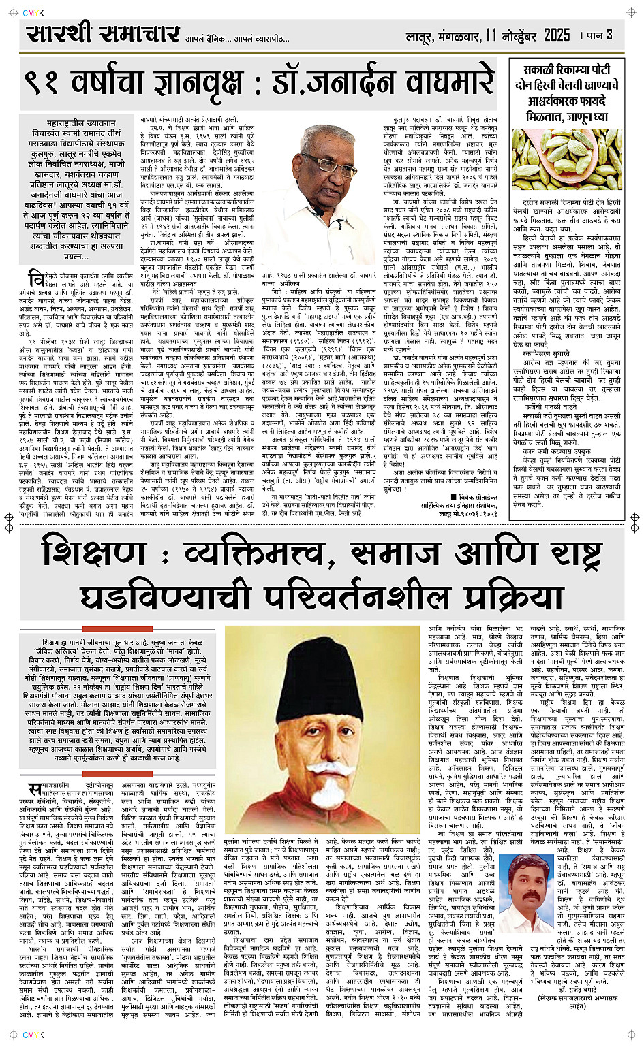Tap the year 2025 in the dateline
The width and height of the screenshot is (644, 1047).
coord(557,35)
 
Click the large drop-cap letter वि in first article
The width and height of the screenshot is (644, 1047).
coord(35,278)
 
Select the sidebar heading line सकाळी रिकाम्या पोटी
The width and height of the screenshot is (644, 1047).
coord(566,69)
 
